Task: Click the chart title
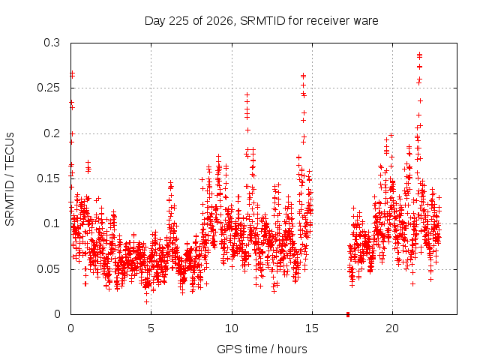[262, 21]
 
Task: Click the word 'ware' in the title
[366, 21]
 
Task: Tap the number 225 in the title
[178, 21]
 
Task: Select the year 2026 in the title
[219, 21]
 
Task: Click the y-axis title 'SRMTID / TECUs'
[10, 179]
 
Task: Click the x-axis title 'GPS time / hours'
[262, 349]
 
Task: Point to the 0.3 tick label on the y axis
[52, 43]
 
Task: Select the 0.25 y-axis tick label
[48, 88]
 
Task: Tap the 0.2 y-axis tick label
[52, 133]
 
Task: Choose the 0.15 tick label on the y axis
[48, 178]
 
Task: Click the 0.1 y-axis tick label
[52, 223]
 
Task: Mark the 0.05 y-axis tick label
[48, 269]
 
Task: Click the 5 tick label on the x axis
[151, 328]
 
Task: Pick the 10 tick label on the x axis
[232, 328]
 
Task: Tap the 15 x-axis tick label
[312, 328]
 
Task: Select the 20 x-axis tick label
[392, 328]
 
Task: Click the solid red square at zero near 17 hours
[348, 314]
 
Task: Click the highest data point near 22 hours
[420, 54]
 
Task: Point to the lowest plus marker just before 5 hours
[147, 301]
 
